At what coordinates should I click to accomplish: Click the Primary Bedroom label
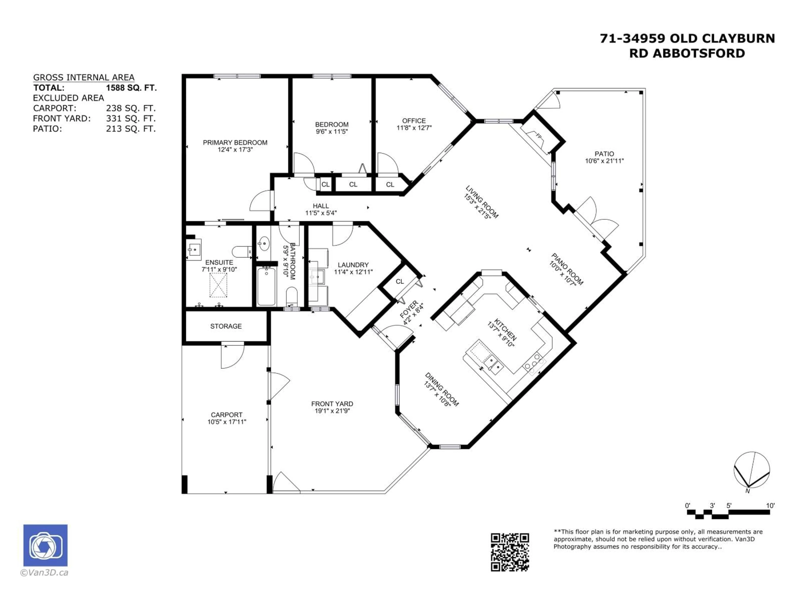pyautogui.click(x=235, y=142)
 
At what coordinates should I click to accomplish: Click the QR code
pyautogui.click(x=510, y=552)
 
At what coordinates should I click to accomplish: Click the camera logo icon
pyautogui.click(x=45, y=545)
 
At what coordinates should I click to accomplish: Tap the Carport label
pyautogui.click(x=226, y=415)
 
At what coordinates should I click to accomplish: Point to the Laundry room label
pyautogui.click(x=353, y=265)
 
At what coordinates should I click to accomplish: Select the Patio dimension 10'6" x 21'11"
pyautogui.click(x=604, y=161)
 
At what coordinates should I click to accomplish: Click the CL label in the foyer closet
pyautogui.click(x=400, y=281)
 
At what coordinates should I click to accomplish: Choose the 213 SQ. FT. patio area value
pyautogui.click(x=131, y=129)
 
